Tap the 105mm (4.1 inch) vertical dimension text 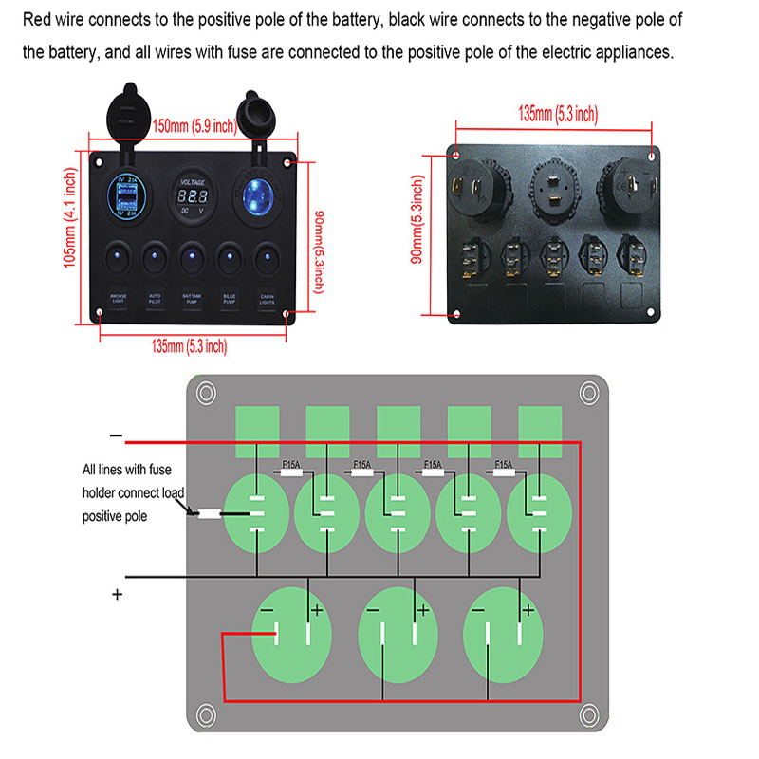[69, 218]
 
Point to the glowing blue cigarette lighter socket [257, 195]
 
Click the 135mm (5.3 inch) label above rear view [558, 114]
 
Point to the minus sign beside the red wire [116, 437]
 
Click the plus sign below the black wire [118, 595]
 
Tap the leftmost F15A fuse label [292, 465]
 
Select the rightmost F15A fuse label [504, 465]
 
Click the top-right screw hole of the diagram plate [589, 391]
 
